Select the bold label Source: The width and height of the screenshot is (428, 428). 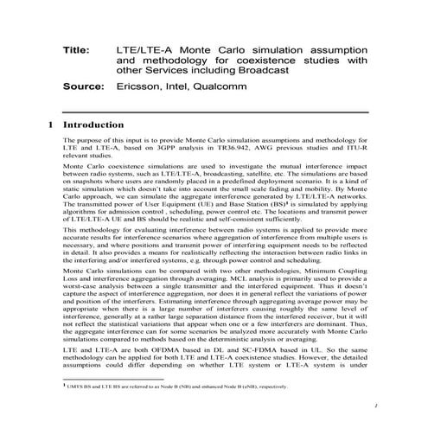click(83, 87)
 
